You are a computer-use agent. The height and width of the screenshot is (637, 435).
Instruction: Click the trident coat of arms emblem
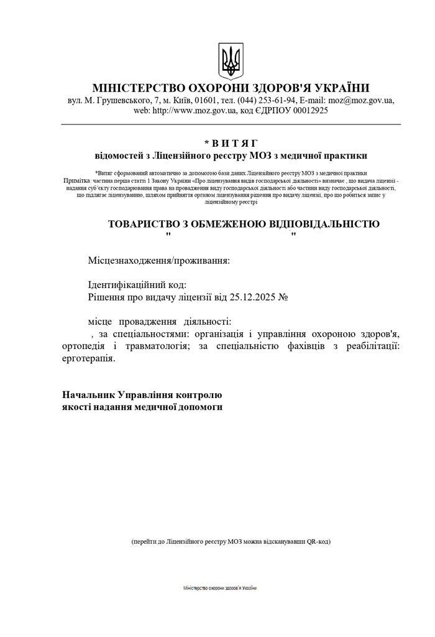(231, 60)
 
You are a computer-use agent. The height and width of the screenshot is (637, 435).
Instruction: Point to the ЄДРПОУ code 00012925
(306, 111)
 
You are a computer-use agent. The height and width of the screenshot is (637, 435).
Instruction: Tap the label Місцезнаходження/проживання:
(158, 260)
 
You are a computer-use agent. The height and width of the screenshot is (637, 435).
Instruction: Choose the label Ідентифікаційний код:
(137, 285)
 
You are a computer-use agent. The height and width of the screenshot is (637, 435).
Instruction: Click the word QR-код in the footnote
(317, 542)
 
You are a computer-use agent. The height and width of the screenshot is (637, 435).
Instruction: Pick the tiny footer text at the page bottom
(220, 588)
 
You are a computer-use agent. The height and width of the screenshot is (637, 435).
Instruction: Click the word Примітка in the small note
(77, 180)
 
